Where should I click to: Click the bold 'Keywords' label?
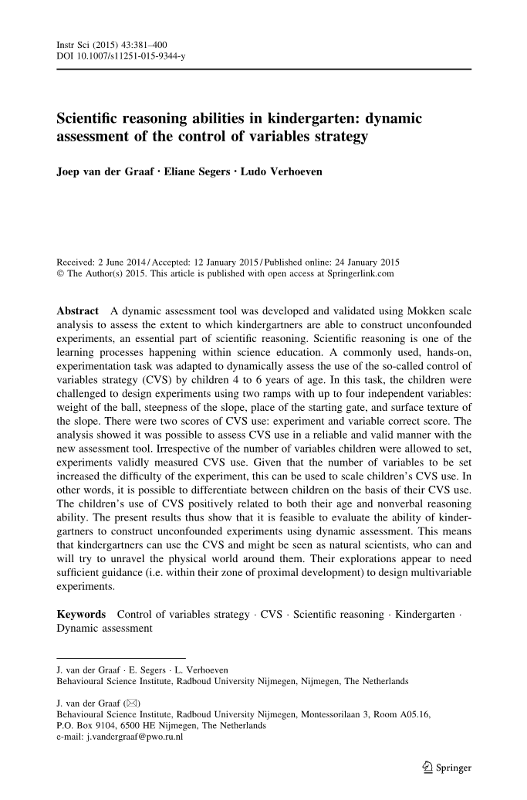pyautogui.click(x=82, y=615)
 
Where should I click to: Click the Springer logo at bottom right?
pyautogui.click(x=448, y=768)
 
